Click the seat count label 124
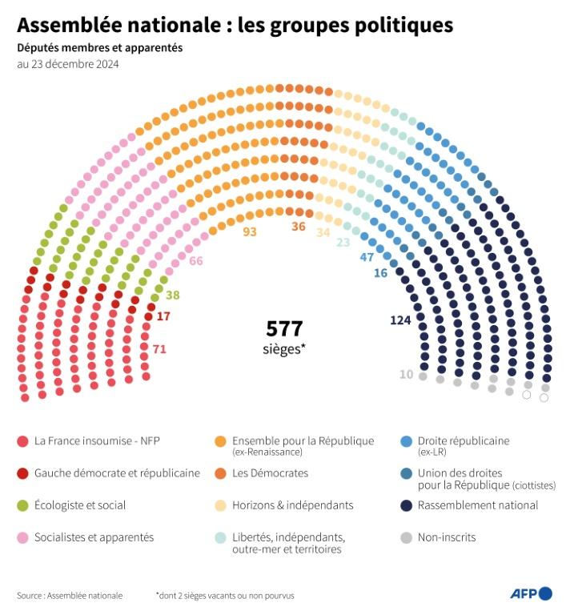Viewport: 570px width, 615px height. pyautogui.click(x=400, y=320)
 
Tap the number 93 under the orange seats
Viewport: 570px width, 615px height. pyautogui.click(x=250, y=231)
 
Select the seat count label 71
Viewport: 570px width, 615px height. pyautogui.click(x=159, y=348)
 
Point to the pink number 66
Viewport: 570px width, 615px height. pyautogui.click(x=195, y=261)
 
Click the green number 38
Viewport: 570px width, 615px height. pyautogui.click(x=172, y=295)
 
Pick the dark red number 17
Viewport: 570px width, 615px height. pyautogui.click(x=163, y=316)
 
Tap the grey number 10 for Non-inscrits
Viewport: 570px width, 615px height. pyautogui.click(x=407, y=374)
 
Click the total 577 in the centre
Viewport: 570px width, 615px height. pyautogui.click(x=284, y=328)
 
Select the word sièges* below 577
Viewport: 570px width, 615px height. pyautogui.click(x=284, y=349)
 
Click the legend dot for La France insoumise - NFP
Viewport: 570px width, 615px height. pyautogui.click(x=22, y=441)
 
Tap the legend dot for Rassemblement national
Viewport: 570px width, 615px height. pyautogui.click(x=406, y=505)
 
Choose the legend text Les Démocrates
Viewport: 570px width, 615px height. pyautogui.click(x=270, y=473)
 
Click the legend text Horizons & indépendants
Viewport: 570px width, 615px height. pyautogui.click(x=292, y=505)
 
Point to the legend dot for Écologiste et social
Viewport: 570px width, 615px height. pyautogui.click(x=22, y=505)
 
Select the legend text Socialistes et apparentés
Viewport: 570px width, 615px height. pyautogui.click(x=94, y=537)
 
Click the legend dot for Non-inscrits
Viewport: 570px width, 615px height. pyautogui.click(x=406, y=537)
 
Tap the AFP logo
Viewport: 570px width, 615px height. pyautogui.click(x=531, y=593)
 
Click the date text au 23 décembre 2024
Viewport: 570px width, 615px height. pyautogui.click(x=68, y=65)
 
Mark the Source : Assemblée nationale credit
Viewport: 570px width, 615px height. pyautogui.click(x=70, y=595)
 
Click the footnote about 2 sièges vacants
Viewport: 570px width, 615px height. pyautogui.click(x=225, y=595)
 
